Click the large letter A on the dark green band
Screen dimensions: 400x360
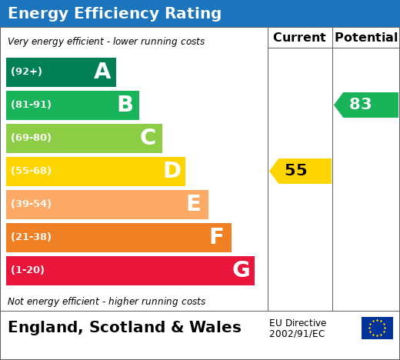click(x=102, y=71)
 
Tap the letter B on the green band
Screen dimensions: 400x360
click(x=125, y=104)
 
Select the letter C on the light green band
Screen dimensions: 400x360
click(x=148, y=137)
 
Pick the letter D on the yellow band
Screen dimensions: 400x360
click(x=172, y=170)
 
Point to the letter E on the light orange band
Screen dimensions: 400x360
click(x=194, y=203)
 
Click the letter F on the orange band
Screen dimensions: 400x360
click(x=217, y=236)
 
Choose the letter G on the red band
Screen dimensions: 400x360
click(x=242, y=269)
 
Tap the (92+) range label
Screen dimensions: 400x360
click(x=26, y=72)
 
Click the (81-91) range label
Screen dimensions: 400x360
click(x=31, y=105)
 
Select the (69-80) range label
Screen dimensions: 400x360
click(x=31, y=138)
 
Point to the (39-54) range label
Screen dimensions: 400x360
click(x=31, y=204)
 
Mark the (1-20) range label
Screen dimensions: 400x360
click(x=28, y=270)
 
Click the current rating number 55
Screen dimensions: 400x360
click(x=296, y=170)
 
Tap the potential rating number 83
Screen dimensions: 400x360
click(x=360, y=104)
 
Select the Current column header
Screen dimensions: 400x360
click(x=299, y=38)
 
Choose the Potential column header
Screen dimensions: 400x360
click(x=366, y=38)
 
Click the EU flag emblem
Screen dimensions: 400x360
click(x=377, y=328)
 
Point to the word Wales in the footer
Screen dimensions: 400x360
click(x=215, y=327)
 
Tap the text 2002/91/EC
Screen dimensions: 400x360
click(x=297, y=334)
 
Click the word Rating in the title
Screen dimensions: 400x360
click(x=193, y=14)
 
